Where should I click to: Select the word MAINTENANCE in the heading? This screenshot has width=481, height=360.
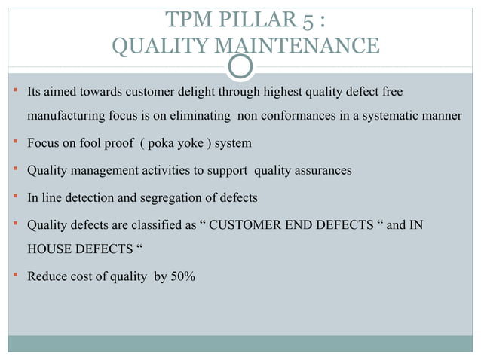[x=299, y=47]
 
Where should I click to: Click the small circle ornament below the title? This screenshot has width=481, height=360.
[x=240, y=66]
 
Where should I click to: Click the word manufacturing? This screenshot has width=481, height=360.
[x=66, y=117]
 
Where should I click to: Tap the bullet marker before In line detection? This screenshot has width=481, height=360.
[x=16, y=197]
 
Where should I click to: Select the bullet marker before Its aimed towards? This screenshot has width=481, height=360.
[x=16, y=92]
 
